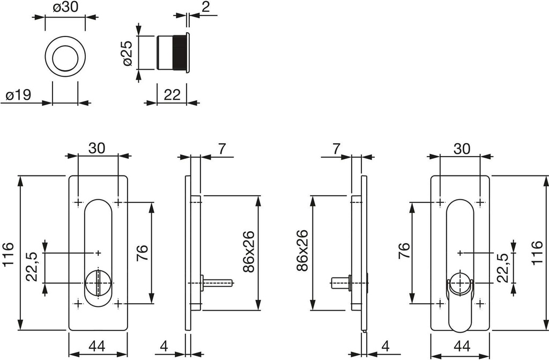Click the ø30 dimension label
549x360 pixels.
click(65, 8)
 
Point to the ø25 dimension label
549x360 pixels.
click(127, 53)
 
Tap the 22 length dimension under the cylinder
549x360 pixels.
click(172, 95)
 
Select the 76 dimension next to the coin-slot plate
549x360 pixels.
click(142, 252)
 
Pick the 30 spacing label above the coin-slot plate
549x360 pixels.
click(97, 149)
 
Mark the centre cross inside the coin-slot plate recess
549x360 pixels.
click(98, 252)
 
